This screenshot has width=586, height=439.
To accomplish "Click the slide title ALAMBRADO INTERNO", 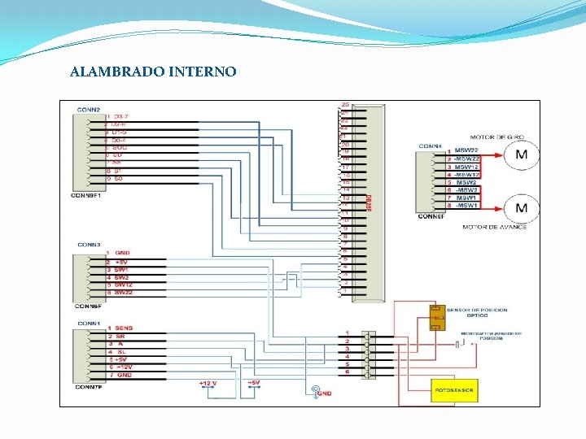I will click(153, 72).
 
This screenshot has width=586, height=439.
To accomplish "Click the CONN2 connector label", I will click(89, 109).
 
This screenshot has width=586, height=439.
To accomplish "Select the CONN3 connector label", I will click(89, 244).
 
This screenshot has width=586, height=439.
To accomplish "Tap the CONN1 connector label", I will click(89, 323).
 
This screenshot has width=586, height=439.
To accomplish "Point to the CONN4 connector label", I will click(431, 146).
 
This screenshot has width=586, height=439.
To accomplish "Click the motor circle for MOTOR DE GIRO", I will click(521, 154).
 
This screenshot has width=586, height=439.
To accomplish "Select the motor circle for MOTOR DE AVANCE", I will click(521, 208).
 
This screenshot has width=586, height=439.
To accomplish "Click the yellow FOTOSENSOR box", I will click(454, 390).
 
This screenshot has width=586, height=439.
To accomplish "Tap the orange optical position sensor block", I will click(437, 318).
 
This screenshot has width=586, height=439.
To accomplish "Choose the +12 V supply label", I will click(208, 382).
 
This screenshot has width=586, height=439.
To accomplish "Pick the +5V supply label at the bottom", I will click(253, 382).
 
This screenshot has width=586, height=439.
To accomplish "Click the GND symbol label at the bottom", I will click(323, 393).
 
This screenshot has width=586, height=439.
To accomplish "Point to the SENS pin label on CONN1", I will click(124, 328).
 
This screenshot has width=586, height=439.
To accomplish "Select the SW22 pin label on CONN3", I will click(123, 292).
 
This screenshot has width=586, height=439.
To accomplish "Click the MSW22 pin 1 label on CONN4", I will click(466, 151).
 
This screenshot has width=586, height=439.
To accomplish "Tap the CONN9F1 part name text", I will click(87, 195).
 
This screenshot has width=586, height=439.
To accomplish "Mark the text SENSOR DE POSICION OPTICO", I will click(477, 313).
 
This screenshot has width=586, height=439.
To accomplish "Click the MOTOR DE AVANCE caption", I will click(494, 227).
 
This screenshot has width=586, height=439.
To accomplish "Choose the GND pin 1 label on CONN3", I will click(121, 253).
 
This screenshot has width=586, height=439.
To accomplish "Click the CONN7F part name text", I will click(87, 386).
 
